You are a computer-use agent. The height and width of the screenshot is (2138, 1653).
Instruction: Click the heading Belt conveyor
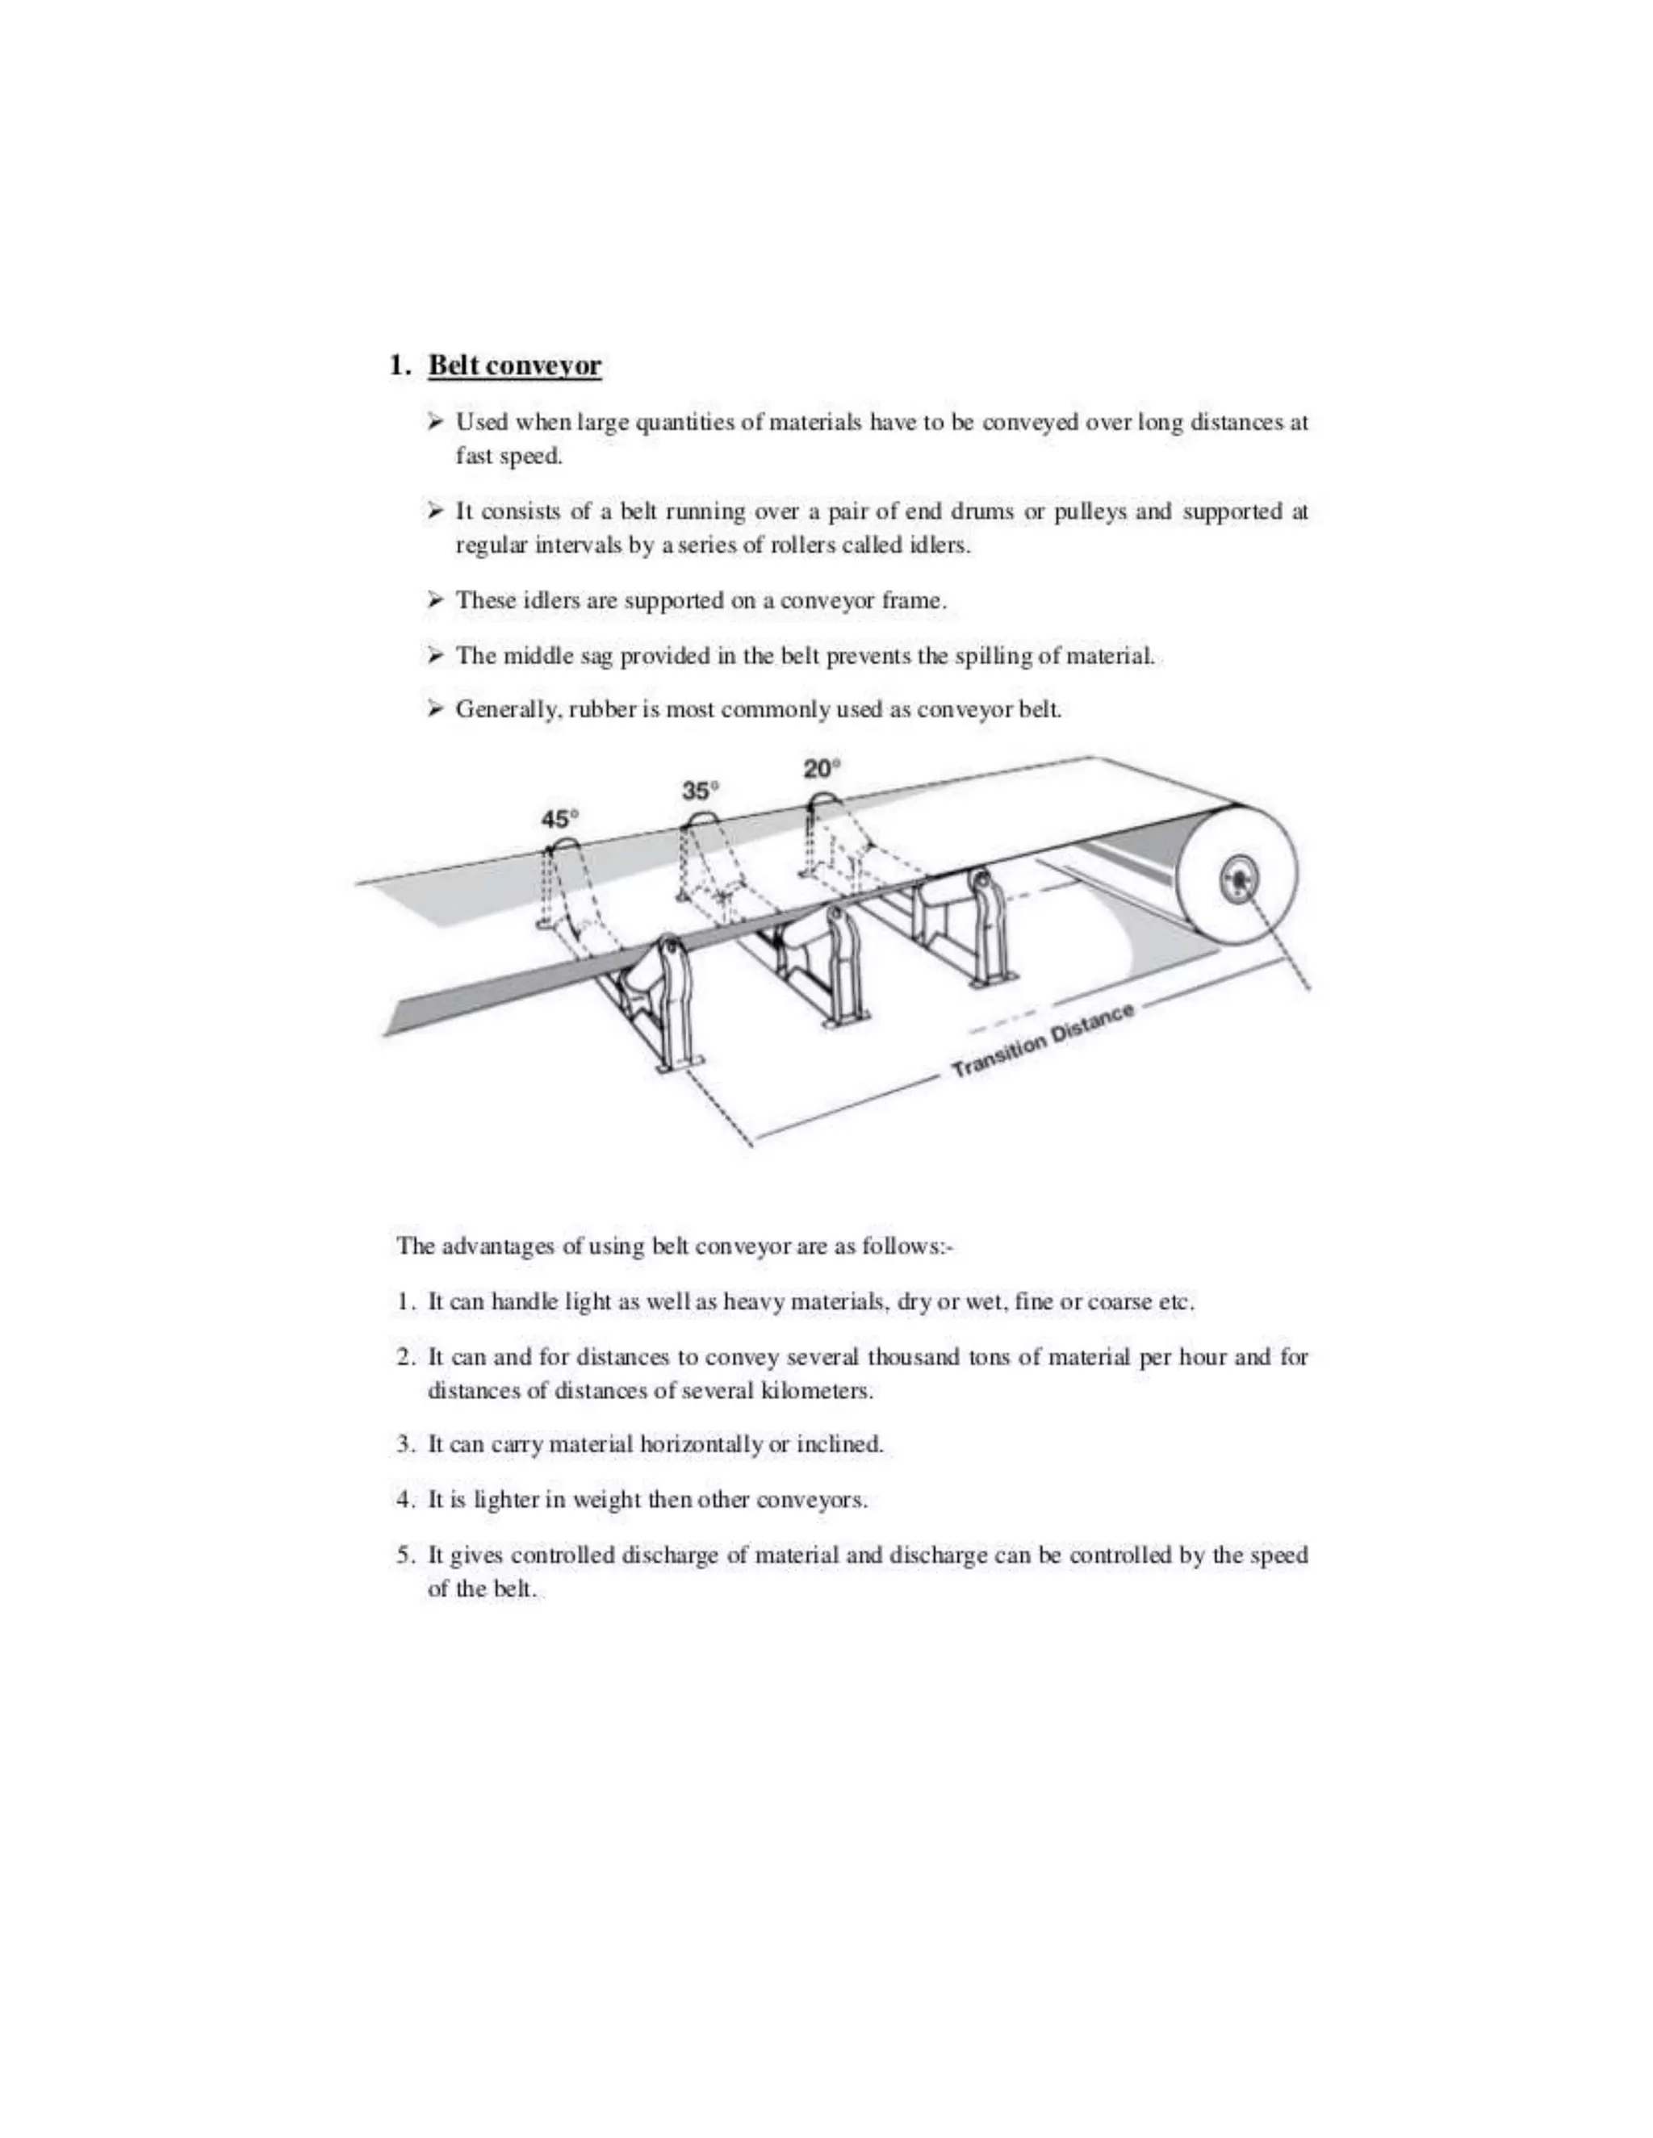coord(514,366)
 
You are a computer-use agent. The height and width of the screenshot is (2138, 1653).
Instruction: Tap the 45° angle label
coord(560,818)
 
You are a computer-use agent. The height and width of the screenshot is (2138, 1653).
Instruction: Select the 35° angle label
coord(700,790)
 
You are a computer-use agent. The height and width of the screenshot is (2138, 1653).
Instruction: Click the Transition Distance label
coord(1043,1041)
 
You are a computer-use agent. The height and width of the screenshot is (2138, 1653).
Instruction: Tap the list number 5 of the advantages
coord(404,1555)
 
